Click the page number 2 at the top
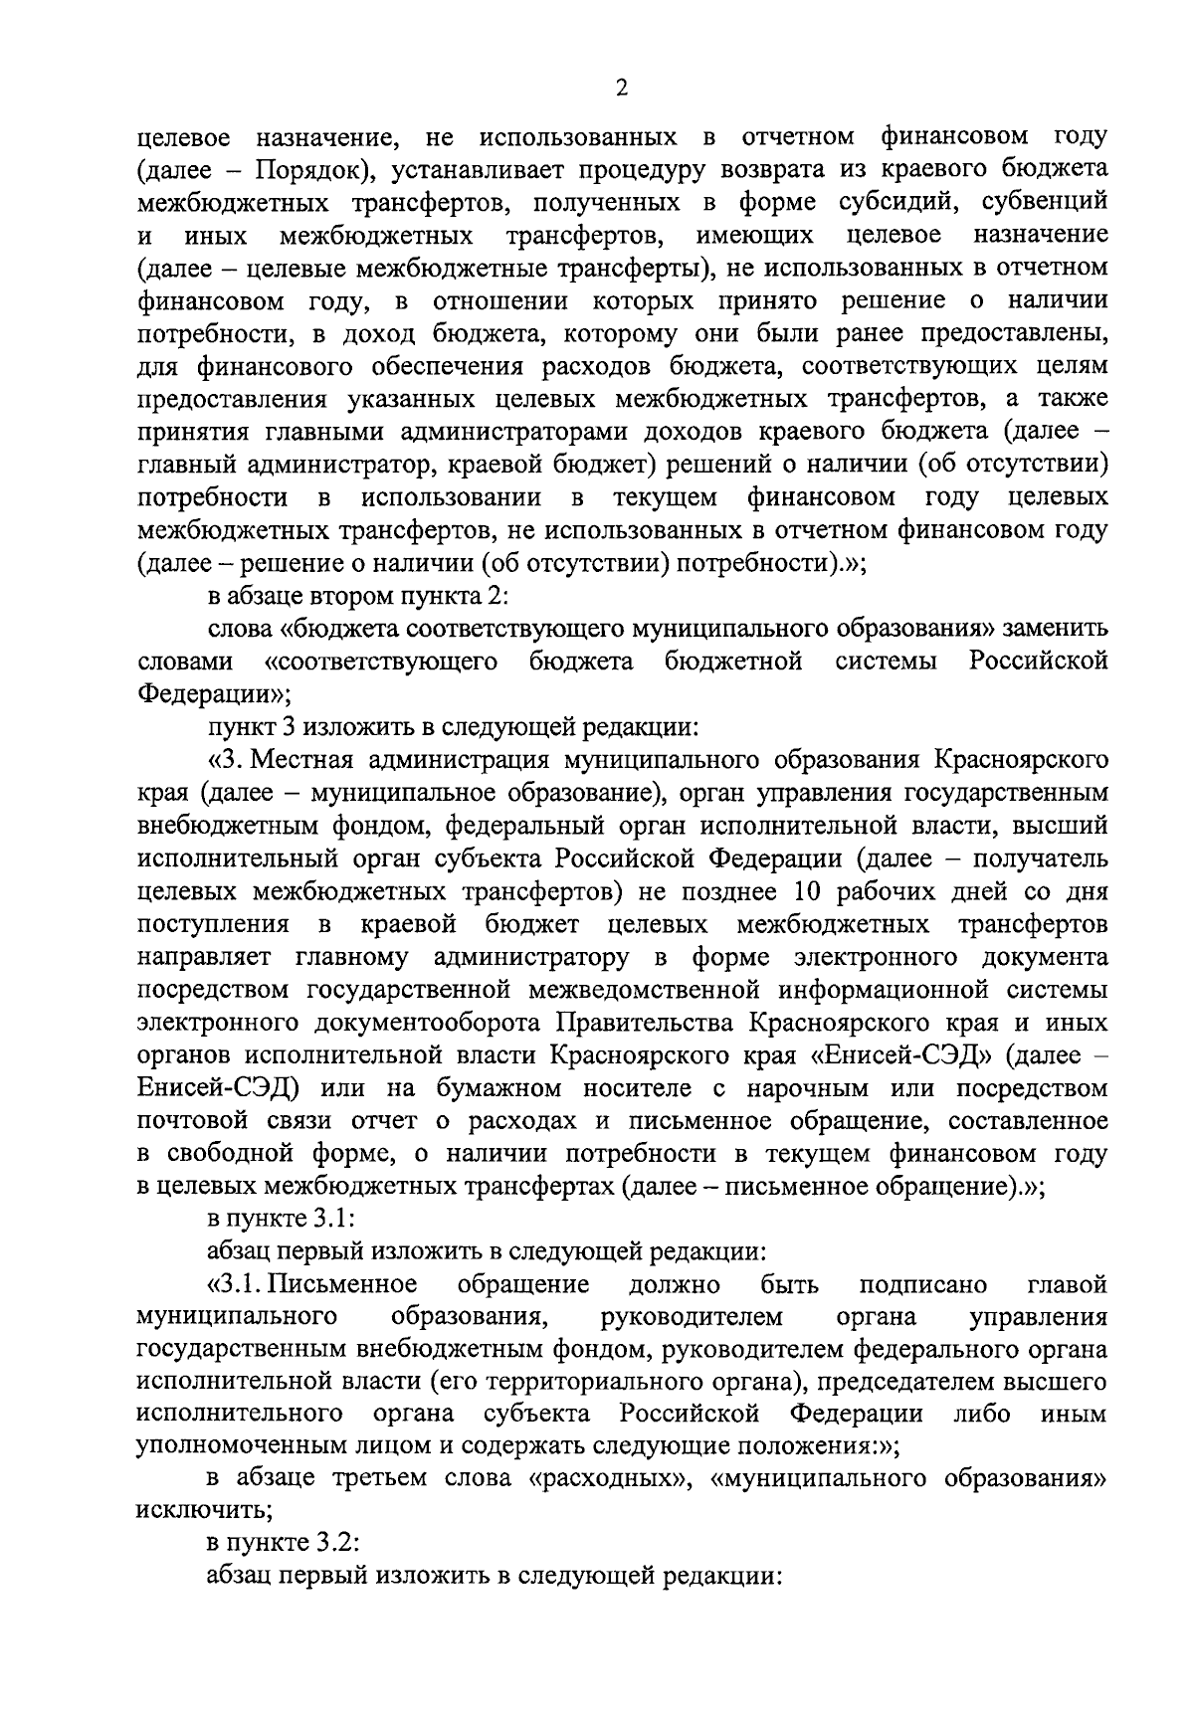tap(622, 90)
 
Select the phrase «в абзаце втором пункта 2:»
tap(358, 596)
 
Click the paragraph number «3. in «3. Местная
tap(227, 761)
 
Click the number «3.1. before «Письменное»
tap(237, 1284)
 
